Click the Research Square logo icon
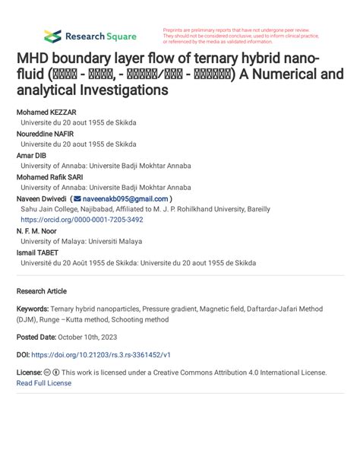click(x=52, y=36)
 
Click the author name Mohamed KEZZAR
click(x=46, y=112)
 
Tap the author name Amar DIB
click(x=31, y=155)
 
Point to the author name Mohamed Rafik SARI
click(x=51, y=176)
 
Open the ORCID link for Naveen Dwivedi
click(x=81, y=220)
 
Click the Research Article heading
click(x=41, y=291)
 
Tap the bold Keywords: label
click(x=33, y=309)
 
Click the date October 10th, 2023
click(x=87, y=337)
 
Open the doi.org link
click(x=101, y=354)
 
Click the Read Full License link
click(x=43, y=383)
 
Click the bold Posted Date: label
click(x=36, y=337)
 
